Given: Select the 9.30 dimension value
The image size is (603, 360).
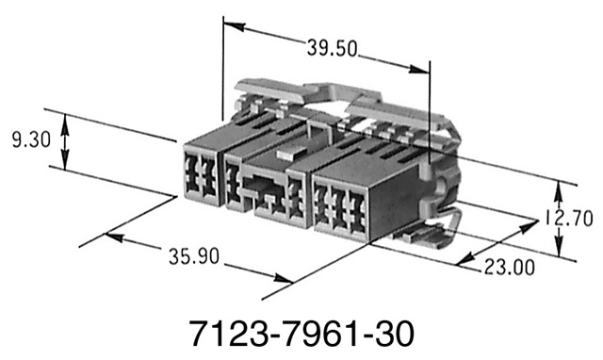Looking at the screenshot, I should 30,142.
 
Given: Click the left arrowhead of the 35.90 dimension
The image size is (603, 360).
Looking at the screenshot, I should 111,237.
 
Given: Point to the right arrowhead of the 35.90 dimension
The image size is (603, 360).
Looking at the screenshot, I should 282,278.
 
